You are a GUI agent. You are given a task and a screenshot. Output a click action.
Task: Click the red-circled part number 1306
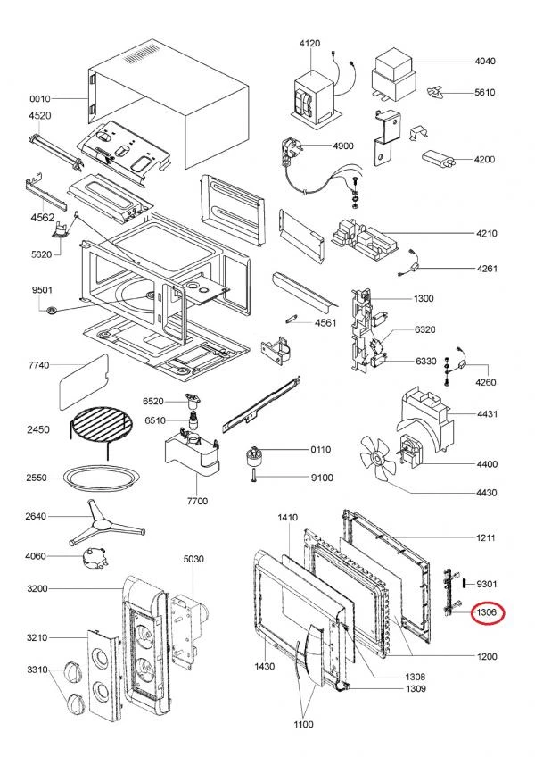(x=485, y=612)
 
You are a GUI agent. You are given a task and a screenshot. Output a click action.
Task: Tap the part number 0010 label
(x=41, y=99)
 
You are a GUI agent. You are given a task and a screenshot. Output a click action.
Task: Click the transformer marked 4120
(x=313, y=94)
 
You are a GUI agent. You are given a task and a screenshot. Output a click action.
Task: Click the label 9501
(x=41, y=291)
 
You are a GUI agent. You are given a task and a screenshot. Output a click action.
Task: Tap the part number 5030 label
(x=193, y=559)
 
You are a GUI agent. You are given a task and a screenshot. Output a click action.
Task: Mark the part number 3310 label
(x=37, y=670)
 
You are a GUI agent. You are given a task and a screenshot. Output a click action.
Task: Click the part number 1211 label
(x=485, y=538)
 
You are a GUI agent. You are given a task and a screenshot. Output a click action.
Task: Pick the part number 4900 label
(x=343, y=146)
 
